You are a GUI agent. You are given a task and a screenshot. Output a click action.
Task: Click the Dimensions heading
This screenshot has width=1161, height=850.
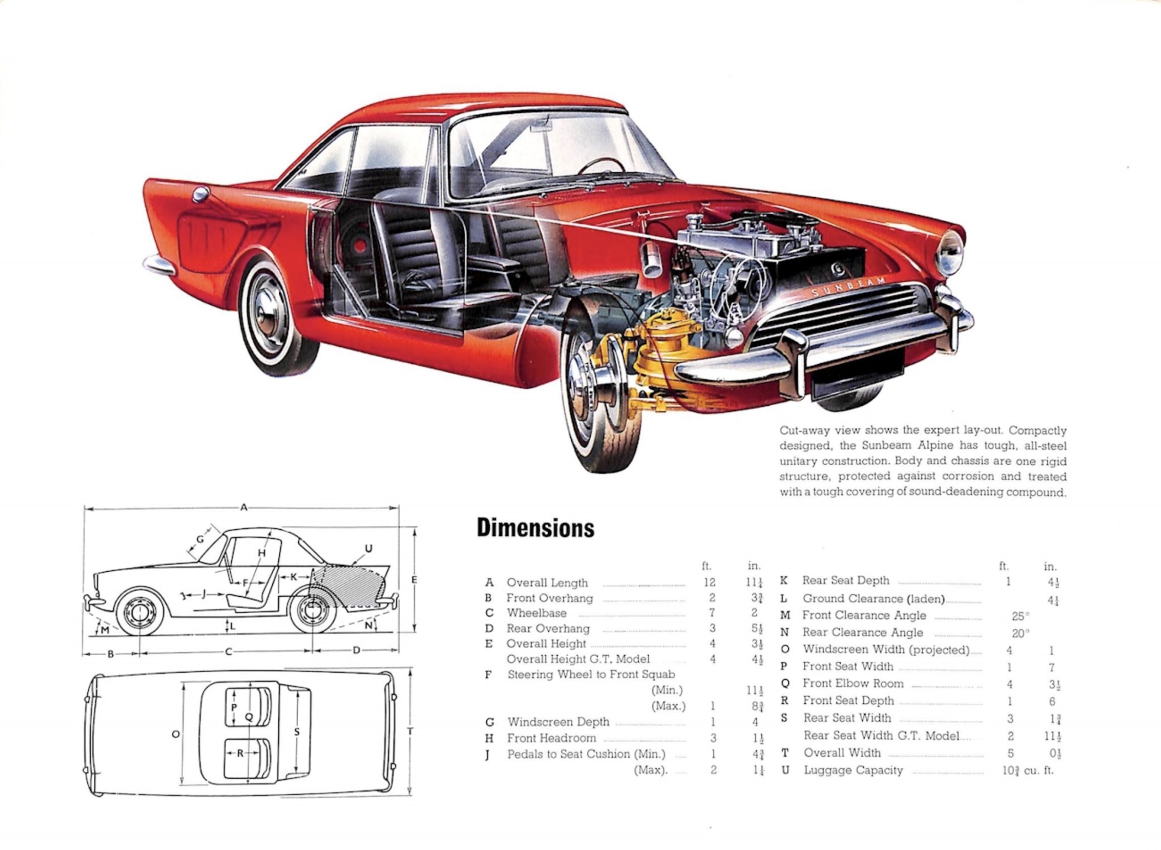pos(535,528)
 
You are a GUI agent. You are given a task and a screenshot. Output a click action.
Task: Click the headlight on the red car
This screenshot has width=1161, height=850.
pos(949,253)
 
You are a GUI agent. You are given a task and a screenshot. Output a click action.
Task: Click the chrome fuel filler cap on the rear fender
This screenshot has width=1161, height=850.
pos(201,194)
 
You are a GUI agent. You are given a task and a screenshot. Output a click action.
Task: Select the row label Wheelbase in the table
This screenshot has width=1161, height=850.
pos(536,613)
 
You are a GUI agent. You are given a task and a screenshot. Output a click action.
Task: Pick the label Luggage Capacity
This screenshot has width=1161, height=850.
pos(853,770)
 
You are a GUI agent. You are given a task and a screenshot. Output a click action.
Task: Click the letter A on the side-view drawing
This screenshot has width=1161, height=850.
pos(244,508)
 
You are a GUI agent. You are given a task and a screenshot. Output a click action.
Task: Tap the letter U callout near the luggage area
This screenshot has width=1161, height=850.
pos(368,549)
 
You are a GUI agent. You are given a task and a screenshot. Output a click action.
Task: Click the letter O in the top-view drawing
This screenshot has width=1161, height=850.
pos(176,734)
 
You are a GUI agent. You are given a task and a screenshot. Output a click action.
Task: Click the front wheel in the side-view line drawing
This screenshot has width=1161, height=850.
pos(139,613)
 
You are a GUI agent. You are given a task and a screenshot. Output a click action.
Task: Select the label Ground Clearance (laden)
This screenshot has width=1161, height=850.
pos(874,599)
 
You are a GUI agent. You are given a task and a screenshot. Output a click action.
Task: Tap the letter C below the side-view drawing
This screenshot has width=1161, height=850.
pos(228,652)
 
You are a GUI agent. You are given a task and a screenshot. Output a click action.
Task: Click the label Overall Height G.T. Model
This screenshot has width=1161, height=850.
pos(578,659)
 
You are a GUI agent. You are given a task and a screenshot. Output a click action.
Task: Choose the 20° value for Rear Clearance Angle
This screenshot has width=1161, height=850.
pos(1020,633)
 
